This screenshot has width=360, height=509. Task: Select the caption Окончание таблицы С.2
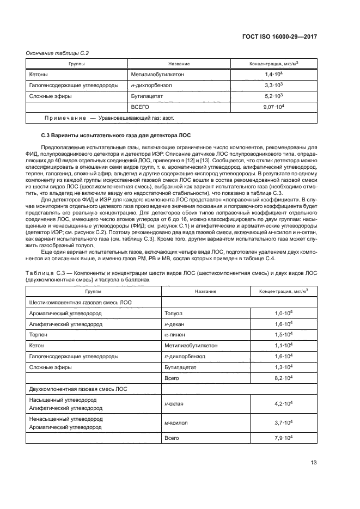coord(58,53)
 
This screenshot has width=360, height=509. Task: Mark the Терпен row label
coord(38,334)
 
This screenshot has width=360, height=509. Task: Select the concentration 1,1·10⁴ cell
coord(284,345)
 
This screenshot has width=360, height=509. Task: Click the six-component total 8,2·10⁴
coord(284,377)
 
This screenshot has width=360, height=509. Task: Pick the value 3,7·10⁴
coord(284,423)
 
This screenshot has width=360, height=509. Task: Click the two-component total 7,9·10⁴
coord(284,438)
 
